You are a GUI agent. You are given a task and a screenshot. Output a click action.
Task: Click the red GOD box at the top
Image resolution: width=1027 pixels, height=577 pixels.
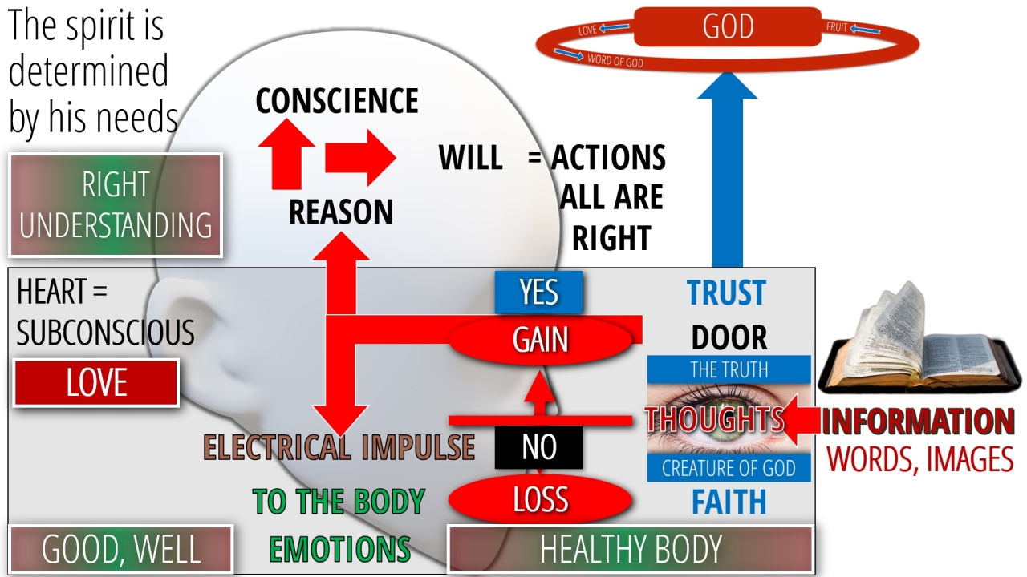click(727, 26)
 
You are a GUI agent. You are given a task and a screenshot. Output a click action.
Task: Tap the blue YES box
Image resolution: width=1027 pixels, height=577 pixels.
click(538, 292)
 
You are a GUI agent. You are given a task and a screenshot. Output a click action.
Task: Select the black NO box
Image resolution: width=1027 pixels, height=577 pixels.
click(538, 447)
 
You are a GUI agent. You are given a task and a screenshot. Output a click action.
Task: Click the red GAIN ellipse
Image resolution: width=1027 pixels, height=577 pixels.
click(541, 340)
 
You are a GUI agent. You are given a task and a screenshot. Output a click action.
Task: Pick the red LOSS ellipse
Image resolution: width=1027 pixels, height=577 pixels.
click(540, 499)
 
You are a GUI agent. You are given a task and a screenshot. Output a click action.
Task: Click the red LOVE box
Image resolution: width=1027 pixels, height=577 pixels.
click(96, 382)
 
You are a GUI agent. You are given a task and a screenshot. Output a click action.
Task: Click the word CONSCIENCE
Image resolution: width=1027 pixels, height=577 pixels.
click(337, 101)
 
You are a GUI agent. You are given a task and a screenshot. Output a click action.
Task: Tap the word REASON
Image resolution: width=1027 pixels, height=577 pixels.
click(341, 212)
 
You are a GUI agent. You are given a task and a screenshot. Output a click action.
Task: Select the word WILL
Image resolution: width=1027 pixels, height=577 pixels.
click(471, 158)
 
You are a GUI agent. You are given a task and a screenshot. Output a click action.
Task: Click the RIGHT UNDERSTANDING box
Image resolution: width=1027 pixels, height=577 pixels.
click(116, 205)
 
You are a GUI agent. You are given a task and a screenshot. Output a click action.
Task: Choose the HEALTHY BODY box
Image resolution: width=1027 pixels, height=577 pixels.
click(631, 550)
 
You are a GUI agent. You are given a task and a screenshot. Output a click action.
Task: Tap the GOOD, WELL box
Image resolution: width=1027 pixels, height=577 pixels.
click(120, 550)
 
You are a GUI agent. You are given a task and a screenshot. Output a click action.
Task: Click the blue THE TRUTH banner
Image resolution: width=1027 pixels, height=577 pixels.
click(729, 369)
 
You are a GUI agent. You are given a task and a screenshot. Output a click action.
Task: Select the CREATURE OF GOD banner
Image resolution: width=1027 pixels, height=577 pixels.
click(729, 468)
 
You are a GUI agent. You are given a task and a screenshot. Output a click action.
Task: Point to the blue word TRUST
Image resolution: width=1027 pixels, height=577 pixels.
click(727, 293)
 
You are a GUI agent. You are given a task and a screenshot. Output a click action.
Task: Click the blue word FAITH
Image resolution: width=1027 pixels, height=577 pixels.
click(729, 502)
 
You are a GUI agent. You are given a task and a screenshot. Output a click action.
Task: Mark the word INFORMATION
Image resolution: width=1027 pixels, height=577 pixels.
click(918, 422)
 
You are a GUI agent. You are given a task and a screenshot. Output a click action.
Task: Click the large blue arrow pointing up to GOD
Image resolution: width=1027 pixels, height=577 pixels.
click(727, 176)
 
